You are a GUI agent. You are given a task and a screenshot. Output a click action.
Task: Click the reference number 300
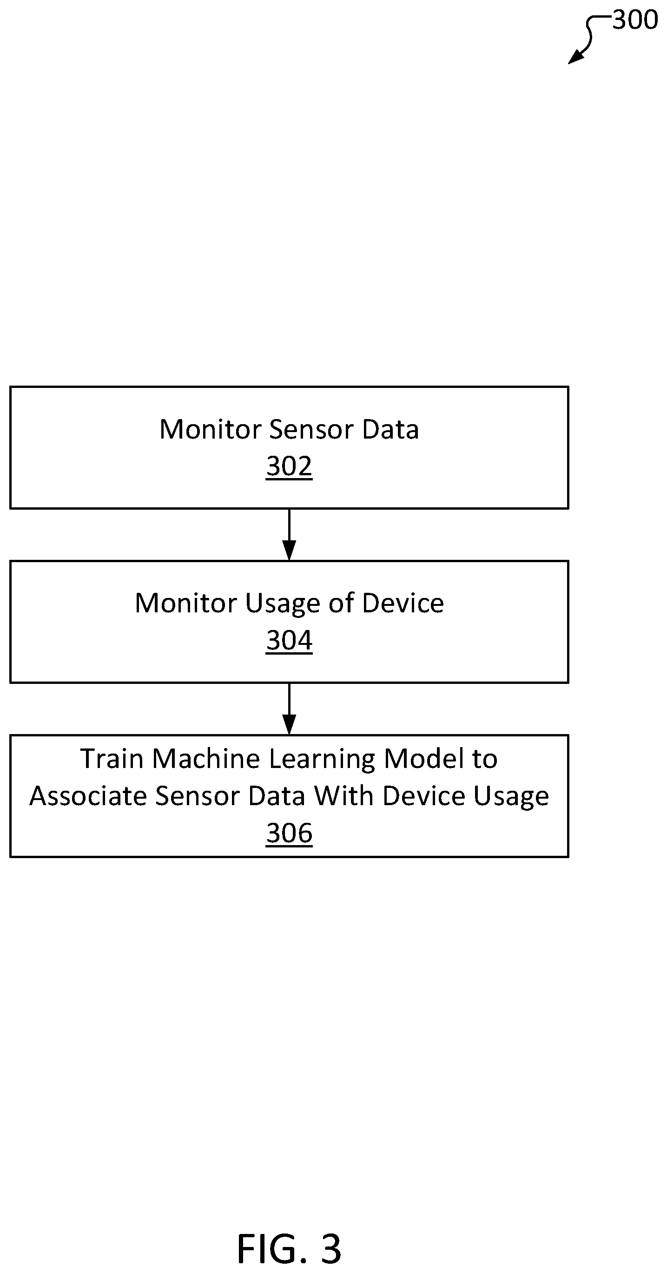pyautogui.click(x=635, y=21)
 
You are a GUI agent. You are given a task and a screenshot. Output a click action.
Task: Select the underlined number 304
pyautogui.click(x=289, y=641)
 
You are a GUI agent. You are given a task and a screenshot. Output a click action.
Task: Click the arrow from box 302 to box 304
pyautogui.click(x=289, y=535)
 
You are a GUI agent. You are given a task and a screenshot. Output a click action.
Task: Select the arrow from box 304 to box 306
pyautogui.click(x=289, y=709)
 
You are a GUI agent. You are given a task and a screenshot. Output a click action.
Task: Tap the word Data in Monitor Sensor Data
pyautogui.click(x=390, y=429)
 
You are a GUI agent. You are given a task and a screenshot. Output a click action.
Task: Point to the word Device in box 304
pyautogui.click(x=403, y=603)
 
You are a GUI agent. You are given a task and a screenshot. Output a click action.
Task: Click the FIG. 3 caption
pyautogui.click(x=289, y=1248)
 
